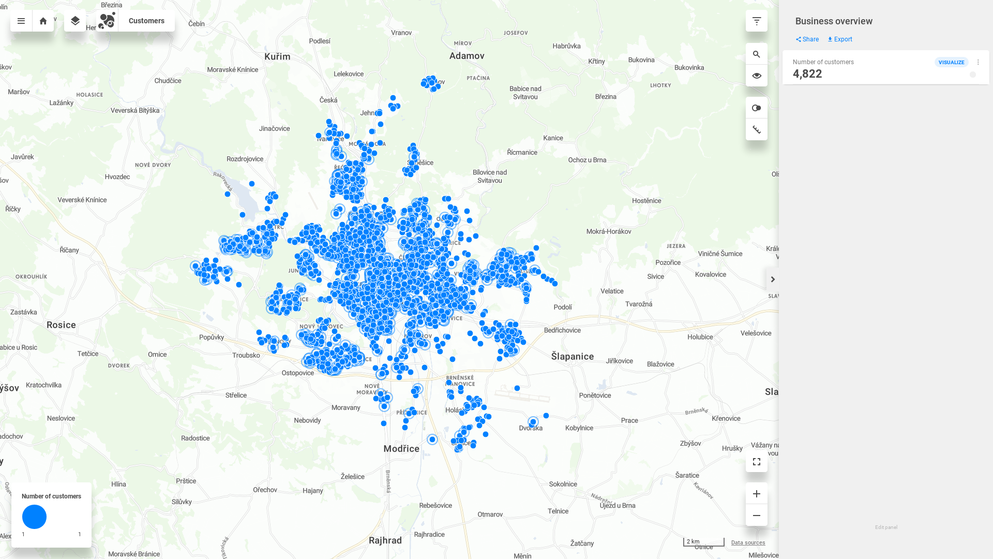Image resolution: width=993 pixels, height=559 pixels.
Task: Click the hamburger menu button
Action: [21, 21]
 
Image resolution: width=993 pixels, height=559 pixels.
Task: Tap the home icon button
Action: [43, 21]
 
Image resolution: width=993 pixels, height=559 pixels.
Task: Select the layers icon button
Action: [75, 21]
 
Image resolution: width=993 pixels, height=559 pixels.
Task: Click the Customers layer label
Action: [146, 21]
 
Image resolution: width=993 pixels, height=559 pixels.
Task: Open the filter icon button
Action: [757, 21]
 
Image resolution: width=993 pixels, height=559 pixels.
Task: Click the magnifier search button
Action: [757, 54]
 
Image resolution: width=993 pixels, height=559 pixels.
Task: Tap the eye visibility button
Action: [757, 76]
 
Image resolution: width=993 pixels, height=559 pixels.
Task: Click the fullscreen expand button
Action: [757, 462]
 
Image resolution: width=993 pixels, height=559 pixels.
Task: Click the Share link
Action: [807, 39]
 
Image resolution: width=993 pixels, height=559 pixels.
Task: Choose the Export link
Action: [840, 39]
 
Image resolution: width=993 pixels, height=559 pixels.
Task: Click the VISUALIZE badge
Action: [951, 62]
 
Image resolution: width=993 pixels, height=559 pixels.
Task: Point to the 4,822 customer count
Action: [807, 74]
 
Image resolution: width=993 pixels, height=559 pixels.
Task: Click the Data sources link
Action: [748, 542]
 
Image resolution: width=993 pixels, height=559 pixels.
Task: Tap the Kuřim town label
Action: [277, 56]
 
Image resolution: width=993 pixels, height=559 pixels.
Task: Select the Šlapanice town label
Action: [572, 357]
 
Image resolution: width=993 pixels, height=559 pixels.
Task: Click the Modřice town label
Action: [401, 449]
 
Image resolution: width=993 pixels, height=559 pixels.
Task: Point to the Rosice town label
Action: [61, 325]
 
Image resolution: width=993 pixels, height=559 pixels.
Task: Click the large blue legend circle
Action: [34, 517]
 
